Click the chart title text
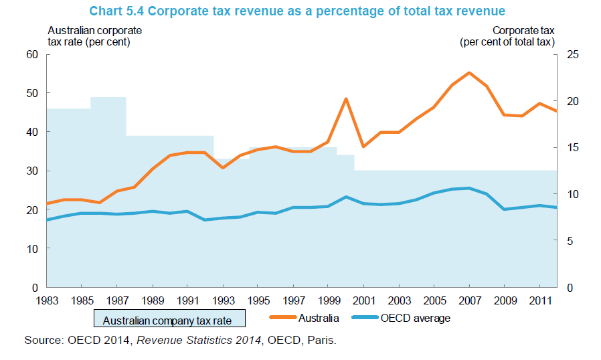300,11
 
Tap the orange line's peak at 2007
469,72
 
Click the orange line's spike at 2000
346,99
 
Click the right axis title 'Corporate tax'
523,30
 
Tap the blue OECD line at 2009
505,209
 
